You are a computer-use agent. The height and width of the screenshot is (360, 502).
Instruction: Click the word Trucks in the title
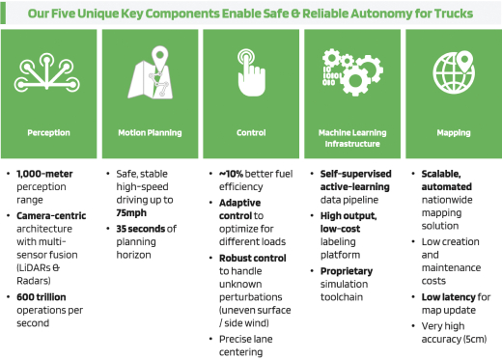tap(454, 14)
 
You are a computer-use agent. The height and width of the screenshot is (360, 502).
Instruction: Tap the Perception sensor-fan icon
tap(47, 72)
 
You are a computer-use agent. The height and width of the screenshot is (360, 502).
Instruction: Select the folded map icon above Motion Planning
tap(152, 72)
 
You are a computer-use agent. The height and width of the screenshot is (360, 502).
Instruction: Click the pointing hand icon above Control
tap(251, 72)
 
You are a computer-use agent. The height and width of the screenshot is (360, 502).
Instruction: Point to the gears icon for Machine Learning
tap(352, 72)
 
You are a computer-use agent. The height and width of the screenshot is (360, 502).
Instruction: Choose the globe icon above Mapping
tap(454, 73)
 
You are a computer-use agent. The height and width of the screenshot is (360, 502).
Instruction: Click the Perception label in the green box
tap(48, 133)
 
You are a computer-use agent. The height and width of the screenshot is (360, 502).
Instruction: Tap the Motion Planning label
tap(150, 133)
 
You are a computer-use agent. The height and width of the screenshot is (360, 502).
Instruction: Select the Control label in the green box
tap(251, 132)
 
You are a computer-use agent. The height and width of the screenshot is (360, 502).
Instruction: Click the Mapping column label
tap(454, 133)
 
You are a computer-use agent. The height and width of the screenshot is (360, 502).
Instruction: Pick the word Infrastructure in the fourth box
tap(352, 144)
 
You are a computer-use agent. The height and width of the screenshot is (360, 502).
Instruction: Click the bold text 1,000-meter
tap(44, 174)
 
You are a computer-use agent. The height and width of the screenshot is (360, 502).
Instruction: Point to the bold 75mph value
tap(131, 213)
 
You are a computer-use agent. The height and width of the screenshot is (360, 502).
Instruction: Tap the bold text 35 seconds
tap(140, 229)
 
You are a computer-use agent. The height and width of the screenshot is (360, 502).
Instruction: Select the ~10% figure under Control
tap(231, 174)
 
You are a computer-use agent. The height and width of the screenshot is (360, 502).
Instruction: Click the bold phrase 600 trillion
tap(42, 297)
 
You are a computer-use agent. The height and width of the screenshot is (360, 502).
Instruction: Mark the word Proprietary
tap(347, 271)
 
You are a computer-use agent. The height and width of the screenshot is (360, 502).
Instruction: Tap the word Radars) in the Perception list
tap(34, 281)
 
